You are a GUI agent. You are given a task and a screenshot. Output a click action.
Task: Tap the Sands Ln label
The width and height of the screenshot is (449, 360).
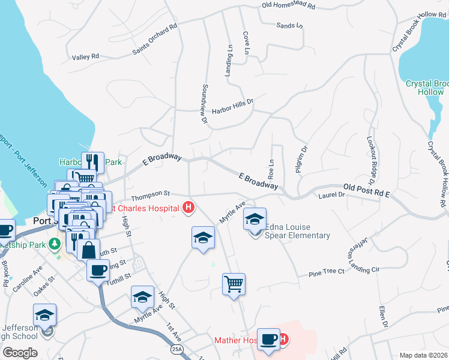289,26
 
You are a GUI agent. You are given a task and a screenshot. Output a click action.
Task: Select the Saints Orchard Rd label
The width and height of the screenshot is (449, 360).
155,40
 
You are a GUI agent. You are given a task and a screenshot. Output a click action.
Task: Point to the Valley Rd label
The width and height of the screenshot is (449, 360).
85,57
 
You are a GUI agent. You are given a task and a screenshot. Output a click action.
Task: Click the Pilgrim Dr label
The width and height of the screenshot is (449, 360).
302,160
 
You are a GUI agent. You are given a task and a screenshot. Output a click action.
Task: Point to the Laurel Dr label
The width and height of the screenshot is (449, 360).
333,195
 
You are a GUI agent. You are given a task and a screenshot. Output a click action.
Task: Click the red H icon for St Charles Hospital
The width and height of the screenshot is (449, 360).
188,208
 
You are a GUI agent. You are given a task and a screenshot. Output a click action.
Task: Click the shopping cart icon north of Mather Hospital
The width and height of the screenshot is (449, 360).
234,284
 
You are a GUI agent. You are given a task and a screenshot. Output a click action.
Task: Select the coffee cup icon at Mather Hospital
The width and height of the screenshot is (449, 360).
268,339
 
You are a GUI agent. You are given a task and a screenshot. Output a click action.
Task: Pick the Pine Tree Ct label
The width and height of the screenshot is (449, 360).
327,272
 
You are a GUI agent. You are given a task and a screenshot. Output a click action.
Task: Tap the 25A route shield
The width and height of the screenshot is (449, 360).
176,349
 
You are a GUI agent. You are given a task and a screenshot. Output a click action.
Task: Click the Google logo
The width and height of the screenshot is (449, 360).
20,352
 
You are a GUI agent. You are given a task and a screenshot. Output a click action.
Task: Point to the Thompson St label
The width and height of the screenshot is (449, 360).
151,194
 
